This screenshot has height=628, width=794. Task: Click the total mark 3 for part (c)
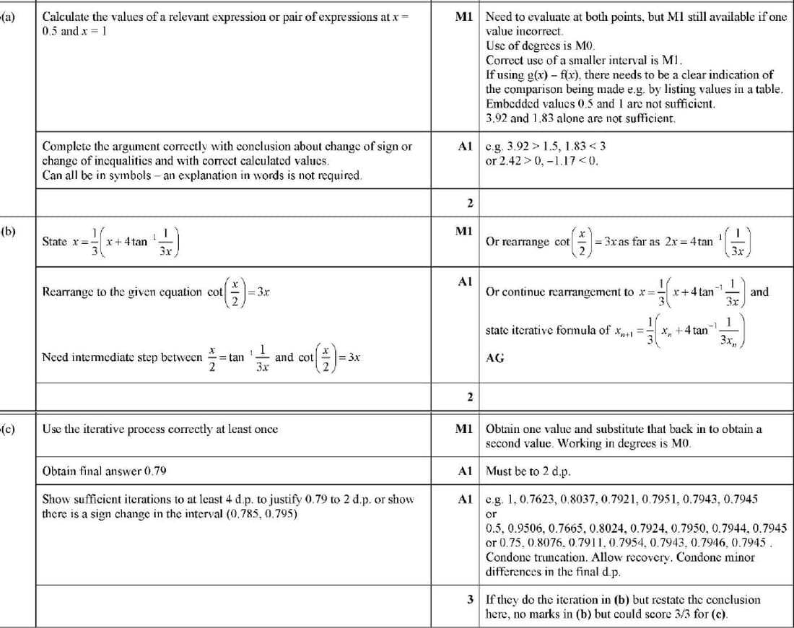[x=470, y=599]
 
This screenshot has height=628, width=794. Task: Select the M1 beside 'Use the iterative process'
[x=464, y=429]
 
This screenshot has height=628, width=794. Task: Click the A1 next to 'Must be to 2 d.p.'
[x=464, y=471]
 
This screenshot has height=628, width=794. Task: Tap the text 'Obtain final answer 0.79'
[x=105, y=471]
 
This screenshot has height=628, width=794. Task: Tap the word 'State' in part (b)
[x=55, y=242]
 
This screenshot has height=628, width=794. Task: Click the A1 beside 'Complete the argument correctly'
[x=464, y=147]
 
